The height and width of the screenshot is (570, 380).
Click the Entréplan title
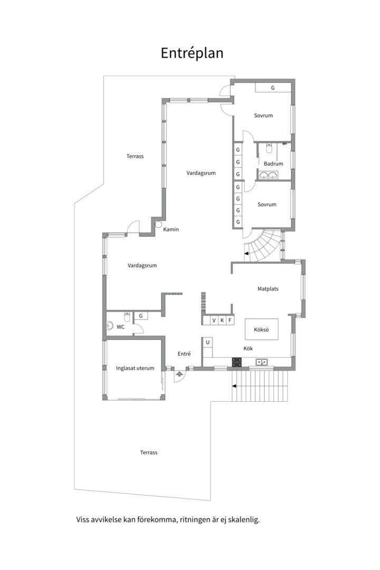tap(192, 53)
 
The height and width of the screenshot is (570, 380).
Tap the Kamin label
tap(171, 230)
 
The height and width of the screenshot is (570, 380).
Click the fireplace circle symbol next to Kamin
tap(158, 224)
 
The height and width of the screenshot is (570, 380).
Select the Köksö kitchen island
tap(261, 330)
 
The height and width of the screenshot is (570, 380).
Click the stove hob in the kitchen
tap(237, 362)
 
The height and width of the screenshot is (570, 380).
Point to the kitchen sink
tap(261, 362)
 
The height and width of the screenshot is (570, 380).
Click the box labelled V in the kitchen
tap(214, 320)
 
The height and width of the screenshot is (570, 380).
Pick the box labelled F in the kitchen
tap(230, 320)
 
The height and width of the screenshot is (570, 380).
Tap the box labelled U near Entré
tap(207, 342)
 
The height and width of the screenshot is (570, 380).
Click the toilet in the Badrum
tap(269, 148)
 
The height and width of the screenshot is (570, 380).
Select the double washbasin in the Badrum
tap(268, 176)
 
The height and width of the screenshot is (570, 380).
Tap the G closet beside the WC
tap(141, 316)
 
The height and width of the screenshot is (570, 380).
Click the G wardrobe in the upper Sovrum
tap(273, 88)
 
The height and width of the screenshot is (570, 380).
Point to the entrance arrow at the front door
tap(179, 374)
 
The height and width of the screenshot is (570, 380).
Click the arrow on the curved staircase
tap(248, 254)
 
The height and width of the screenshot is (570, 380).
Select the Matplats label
tap(268, 289)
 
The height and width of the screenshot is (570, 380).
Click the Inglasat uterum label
tap(135, 368)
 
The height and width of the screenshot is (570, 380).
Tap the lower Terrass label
tap(149, 453)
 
